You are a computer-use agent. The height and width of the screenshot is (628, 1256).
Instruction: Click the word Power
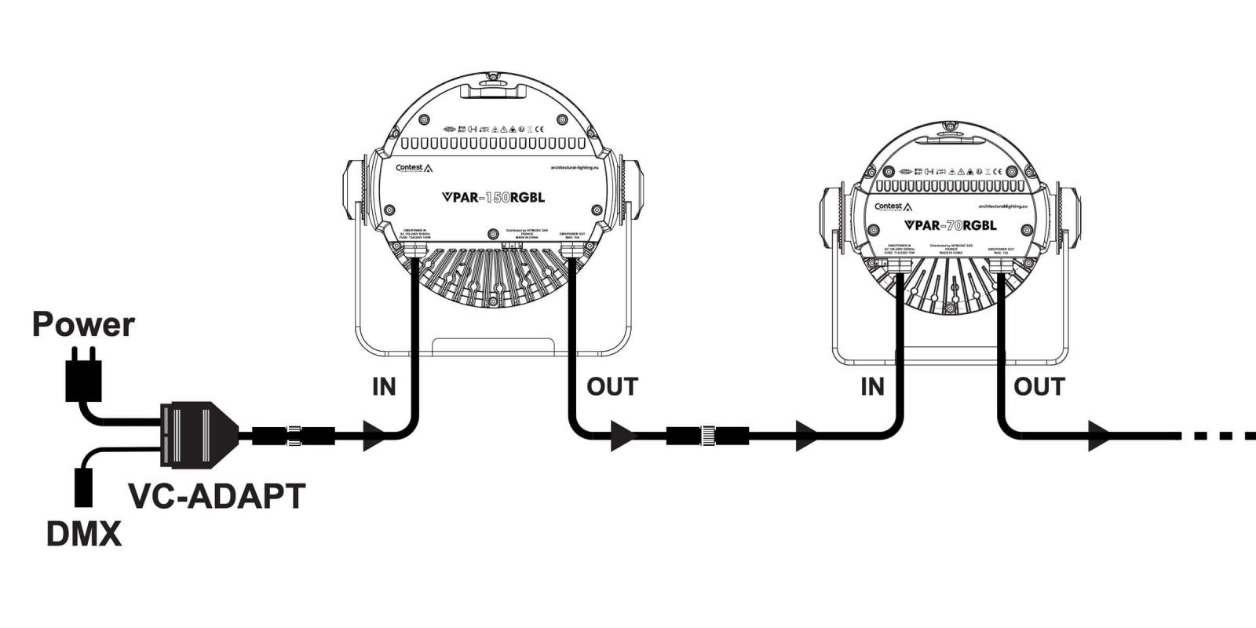(83, 324)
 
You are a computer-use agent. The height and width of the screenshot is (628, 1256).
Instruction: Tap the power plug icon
(83, 376)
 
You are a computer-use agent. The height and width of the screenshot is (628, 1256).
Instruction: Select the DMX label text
(84, 534)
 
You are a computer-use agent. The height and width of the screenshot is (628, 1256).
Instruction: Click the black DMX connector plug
(83, 487)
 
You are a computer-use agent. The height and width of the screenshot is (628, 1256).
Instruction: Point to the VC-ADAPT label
(217, 496)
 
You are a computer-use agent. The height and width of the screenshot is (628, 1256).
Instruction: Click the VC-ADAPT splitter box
(199, 435)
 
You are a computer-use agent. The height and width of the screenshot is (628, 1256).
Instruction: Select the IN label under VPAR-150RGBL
(384, 386)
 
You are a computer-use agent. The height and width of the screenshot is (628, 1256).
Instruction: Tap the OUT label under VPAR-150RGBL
(612, 386)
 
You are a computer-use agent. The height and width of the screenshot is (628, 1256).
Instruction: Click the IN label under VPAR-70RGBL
(872, 386)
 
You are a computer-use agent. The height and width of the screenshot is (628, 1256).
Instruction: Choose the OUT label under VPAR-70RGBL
(1039, 386)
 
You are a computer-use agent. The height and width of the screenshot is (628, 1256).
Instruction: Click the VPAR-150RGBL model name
(493, 198)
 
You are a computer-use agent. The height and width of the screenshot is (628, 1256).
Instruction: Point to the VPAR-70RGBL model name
(950, 225)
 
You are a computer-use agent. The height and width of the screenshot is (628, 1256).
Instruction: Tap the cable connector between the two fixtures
(707, 436)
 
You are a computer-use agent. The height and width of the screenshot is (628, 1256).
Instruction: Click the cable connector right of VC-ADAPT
(294, 436)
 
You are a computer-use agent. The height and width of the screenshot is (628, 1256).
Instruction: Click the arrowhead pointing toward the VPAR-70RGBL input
(807, 436)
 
